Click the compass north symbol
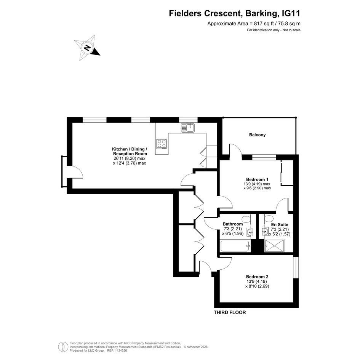[x=87, y=48]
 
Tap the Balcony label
[x=258, y=135]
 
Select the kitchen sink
[x=188, y=128]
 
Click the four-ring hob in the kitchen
[x=162, y=144]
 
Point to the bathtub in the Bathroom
[x=235, y=246]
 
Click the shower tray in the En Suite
[x=275, y=246]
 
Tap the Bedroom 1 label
[x=257, y=179]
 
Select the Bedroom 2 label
[x=257, y=277]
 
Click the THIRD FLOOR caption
[x=230, y=312]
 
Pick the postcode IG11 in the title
[x=291, y=13]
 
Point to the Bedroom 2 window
[x=296, y=267]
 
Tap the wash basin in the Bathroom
[x=250, y=232]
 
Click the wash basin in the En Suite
[x=265, y=232]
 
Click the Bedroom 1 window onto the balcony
[x=264, y=157]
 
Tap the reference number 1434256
[x=121, y=350]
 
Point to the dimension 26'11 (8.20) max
[x=130, y=158]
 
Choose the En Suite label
[x=279, y=224]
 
